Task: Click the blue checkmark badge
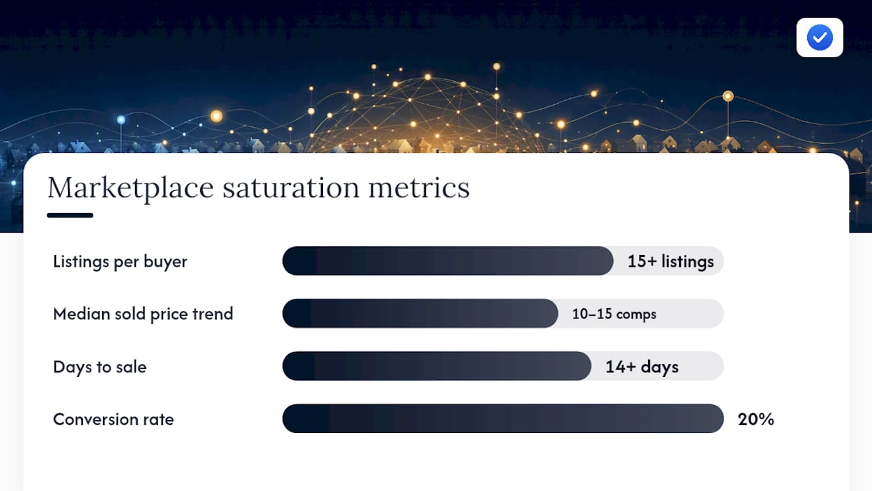coord(820,38)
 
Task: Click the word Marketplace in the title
coord(131,188)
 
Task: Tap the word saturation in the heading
coord(291,188)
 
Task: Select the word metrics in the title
coord(419,188)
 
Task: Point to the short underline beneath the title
coord(70,215)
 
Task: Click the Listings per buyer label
coord(120,261)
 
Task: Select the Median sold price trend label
coord(143,314)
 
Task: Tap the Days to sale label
coord(99,367)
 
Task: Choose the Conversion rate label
coord(113,419)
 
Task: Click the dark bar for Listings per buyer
coord(448,261)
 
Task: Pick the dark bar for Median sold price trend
coord(420,313)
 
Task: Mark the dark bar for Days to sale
coord(437,366)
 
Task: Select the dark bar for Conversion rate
coord(503,419)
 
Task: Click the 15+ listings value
coord(671,261)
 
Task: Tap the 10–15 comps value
coord(614,314)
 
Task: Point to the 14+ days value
coord(642,367)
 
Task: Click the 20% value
coord(756,419)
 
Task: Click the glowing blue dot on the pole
coord(121,119)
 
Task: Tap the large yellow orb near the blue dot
coord(217,116)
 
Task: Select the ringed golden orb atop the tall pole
coord(728,96)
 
